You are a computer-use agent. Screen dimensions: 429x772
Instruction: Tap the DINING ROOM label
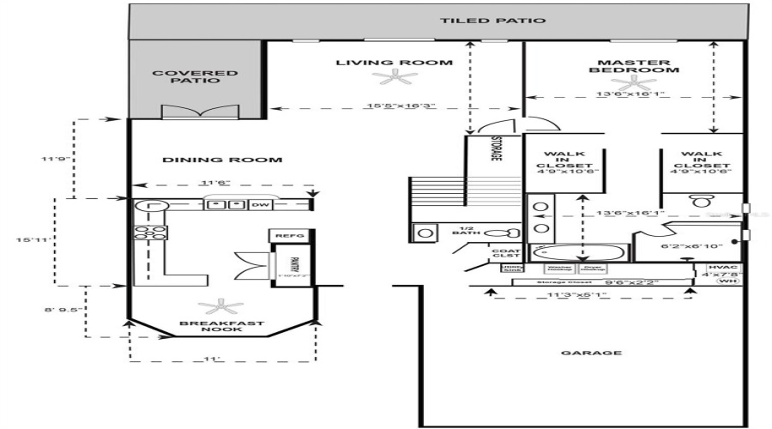[x=222, y=160]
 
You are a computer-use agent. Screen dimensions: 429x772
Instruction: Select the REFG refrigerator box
[x=283, y=235]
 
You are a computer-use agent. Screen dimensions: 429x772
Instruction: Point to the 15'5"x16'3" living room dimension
[x=396, y=107]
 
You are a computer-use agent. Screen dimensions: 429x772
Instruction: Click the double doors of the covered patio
[x=196, y=112]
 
